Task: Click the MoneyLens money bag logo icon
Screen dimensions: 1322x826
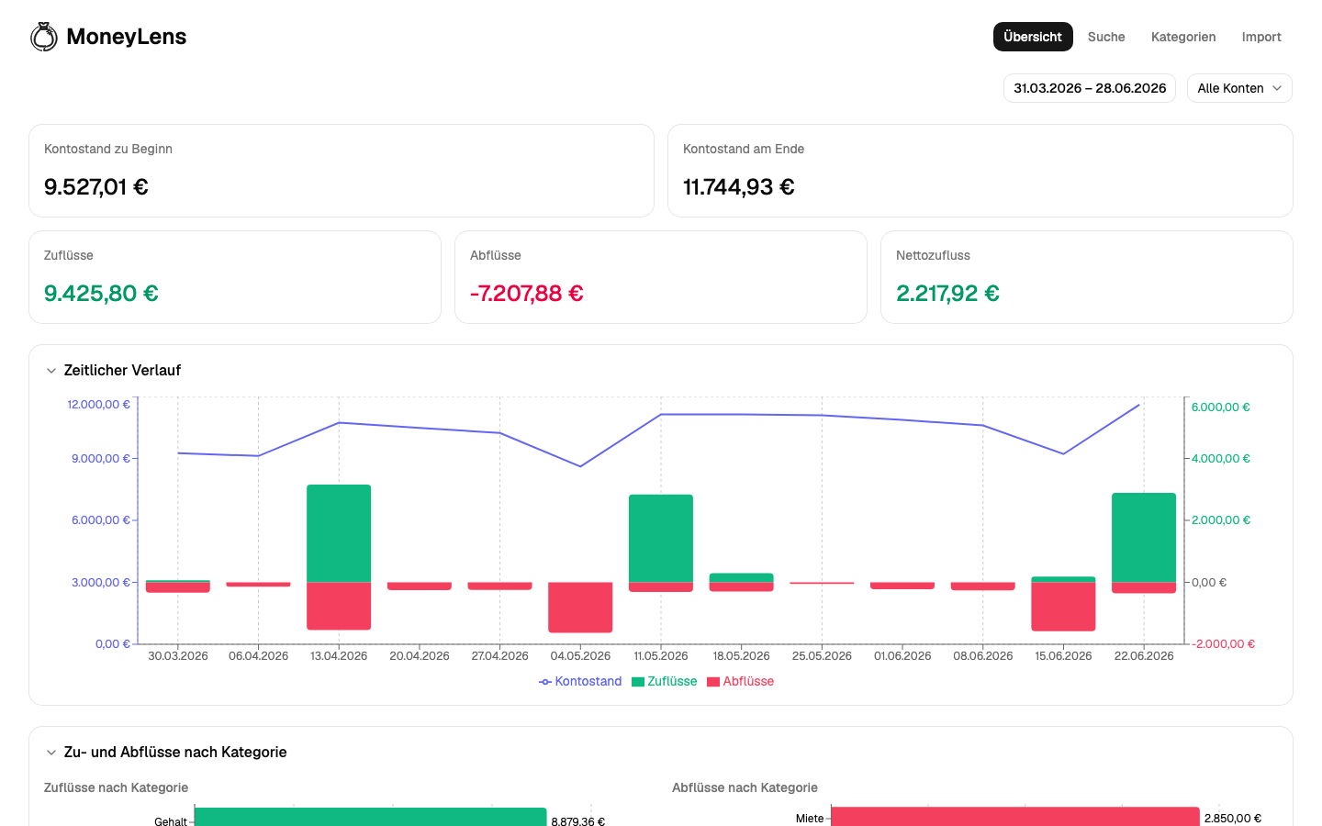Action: [44, 37]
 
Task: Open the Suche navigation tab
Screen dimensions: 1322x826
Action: [1106, 37]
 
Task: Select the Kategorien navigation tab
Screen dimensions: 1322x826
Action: [1183, 37]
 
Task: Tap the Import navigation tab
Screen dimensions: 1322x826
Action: [1261, 37]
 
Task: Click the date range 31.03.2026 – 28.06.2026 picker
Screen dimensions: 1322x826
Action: [1090, 88]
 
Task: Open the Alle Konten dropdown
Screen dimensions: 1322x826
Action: [1239, 88]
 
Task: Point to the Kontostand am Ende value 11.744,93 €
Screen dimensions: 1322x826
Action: [738, 187]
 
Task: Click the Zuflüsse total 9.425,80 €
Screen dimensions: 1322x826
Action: [101, 294]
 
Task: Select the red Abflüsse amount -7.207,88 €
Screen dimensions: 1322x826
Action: [526, 294]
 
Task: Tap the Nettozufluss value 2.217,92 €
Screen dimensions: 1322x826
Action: [947, 294]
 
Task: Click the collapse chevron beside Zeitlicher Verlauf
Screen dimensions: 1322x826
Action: [51, 371]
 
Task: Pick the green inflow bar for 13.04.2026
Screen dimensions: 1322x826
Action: [339, 533]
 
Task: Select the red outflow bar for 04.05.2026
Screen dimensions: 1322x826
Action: [580, 608]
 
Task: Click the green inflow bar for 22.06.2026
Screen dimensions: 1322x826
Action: [1144, 538]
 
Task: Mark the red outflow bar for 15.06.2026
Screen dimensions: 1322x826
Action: [1063, 607]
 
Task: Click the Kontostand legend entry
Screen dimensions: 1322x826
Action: [580, 681]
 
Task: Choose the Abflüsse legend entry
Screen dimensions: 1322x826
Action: [741, 681]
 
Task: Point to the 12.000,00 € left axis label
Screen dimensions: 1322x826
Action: [98, 404]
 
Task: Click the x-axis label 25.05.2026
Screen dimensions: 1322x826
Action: [822, 656]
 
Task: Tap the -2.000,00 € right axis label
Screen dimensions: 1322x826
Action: [1223, 643]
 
